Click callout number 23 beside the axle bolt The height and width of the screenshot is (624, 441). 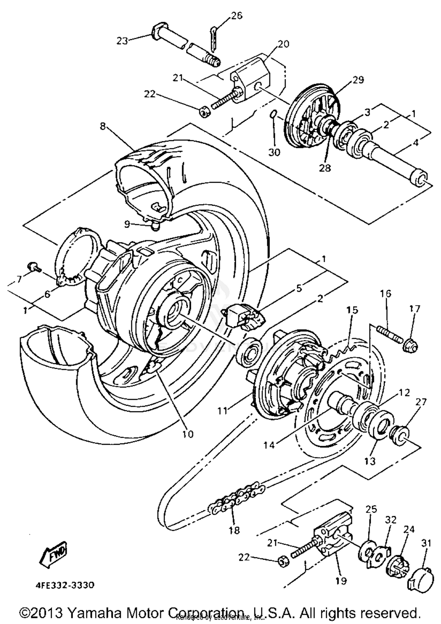point(122,41)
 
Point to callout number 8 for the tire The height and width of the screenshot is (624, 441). point(102,126)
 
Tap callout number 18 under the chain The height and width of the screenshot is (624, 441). point(234,530)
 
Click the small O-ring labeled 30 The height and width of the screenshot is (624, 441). point(273,114)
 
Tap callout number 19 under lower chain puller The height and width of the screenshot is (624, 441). point(341,581)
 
